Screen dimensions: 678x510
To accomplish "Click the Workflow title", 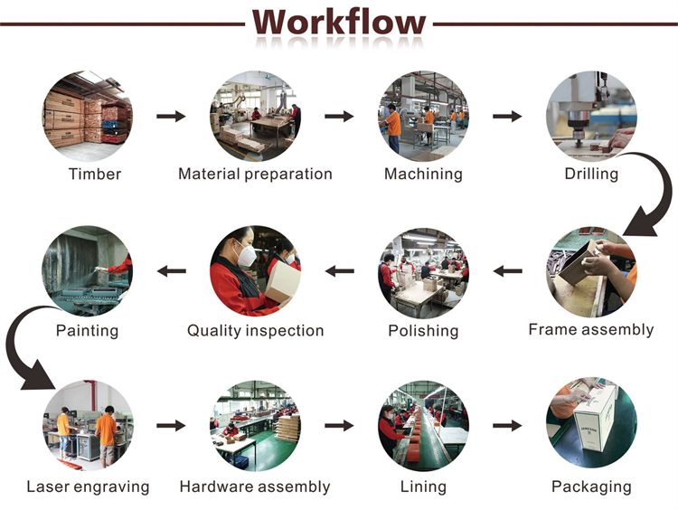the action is click(339, 23).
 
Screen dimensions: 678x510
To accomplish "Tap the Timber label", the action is click(95, 174).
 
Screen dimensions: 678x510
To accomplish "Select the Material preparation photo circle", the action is click(255, 117).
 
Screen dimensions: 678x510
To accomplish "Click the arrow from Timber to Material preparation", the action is click(171, 116).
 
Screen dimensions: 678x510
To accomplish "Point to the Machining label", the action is click(423, 174).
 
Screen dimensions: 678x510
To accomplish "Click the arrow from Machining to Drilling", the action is click(507, 116).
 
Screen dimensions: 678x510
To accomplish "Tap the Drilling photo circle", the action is click(591, 117).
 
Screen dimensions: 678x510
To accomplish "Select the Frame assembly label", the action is click(591, 330).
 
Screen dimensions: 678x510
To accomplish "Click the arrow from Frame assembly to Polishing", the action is click(507, 271).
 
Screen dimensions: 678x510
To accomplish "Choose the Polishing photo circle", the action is click(423, 271).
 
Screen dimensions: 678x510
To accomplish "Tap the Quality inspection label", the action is click(255, 330).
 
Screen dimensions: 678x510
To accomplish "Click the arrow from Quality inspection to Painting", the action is click(171, 271).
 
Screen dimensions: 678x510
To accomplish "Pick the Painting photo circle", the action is click(88, 271).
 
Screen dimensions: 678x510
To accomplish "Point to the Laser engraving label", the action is click(88, 486).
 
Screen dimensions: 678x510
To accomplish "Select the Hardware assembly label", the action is click(255, 486).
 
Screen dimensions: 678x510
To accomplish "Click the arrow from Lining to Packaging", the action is click(507, 426).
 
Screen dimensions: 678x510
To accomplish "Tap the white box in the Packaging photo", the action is click(596, 418).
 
